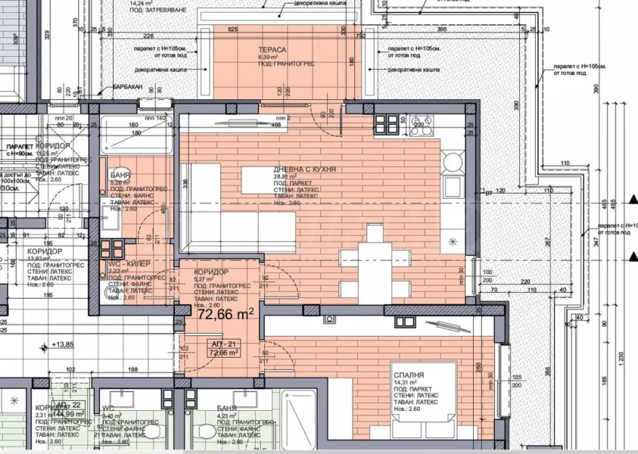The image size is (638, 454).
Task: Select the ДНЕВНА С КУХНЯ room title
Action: tap(304, 169)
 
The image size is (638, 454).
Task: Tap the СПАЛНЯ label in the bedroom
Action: tap(408, 375)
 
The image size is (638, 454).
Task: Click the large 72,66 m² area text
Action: tap(226, 314)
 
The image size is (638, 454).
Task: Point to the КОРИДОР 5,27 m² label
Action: tap(211, 272)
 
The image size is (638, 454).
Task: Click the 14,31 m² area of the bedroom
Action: tap(405, 383)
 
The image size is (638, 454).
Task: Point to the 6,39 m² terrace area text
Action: tap(269, 57)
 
